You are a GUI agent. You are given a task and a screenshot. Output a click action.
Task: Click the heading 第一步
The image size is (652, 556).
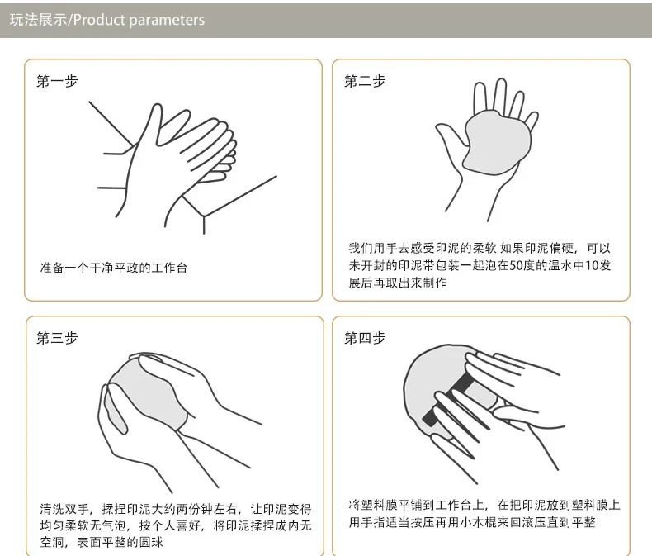[57, 81]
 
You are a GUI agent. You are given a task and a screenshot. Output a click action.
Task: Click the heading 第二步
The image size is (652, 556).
[365, 81]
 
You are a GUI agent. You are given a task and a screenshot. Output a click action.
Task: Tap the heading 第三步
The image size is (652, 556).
[57, 338]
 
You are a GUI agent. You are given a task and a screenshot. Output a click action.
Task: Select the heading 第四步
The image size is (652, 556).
[365, 338]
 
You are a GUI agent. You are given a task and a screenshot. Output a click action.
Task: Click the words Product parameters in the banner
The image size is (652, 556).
[139, 20]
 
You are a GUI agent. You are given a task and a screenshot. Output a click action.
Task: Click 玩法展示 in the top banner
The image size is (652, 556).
[38, 20]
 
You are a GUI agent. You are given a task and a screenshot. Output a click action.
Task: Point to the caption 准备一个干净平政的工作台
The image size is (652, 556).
[114, 268]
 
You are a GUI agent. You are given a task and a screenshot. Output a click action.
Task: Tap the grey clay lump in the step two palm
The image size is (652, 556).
[497, 141]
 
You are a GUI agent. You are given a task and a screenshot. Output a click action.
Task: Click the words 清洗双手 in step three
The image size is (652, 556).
[64, 509]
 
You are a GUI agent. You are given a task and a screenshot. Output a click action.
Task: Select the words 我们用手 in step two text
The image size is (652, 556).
[373, 248]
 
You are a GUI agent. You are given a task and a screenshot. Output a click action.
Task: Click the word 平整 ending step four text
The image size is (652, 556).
[583, 522]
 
